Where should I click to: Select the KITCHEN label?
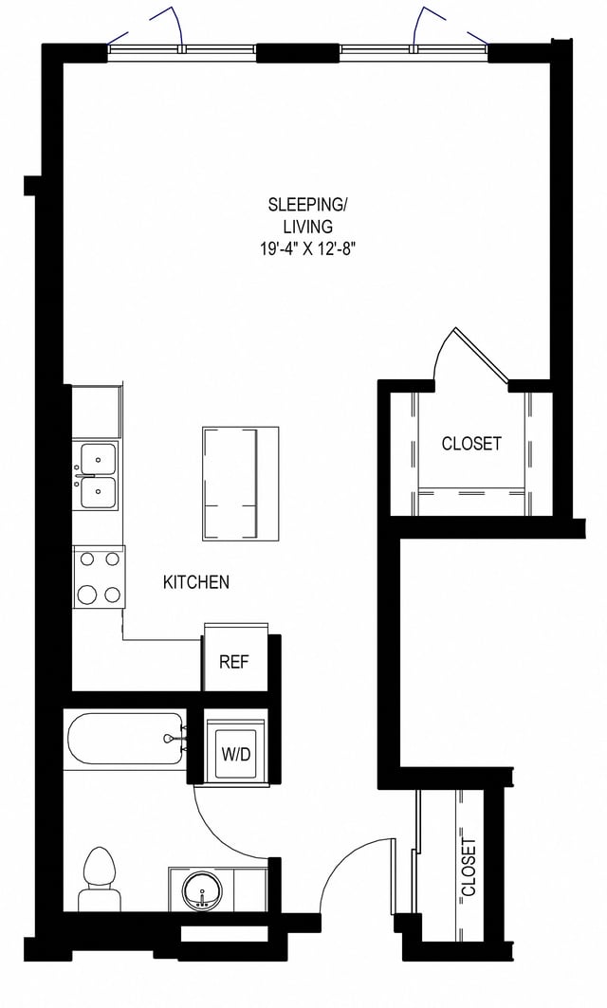(x=196, y=582)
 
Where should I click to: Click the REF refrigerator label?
(x=233, y=662)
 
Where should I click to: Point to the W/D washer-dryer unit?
(x=235, y=755)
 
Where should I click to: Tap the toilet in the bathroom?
(x=97, y=881)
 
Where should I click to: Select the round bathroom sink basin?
(x=201, y=892)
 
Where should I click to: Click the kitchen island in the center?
(x=241, y=483)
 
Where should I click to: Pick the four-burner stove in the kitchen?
(x=99, y=577)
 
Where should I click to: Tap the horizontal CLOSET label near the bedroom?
(x=471, y=444)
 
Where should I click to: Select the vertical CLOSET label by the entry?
(x=468, y=867)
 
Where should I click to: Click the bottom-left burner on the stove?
(x=87, y=595)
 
